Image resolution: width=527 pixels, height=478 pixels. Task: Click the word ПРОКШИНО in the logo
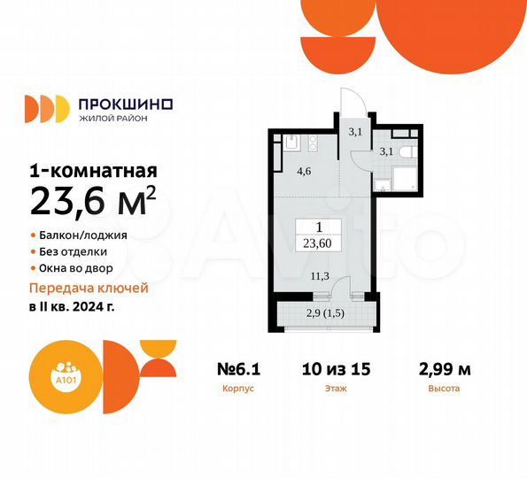[x=126, y=102]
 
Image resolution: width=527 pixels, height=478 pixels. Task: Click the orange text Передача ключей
[x=89, y=289]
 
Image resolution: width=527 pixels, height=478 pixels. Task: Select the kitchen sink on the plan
[x=290, y=142]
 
